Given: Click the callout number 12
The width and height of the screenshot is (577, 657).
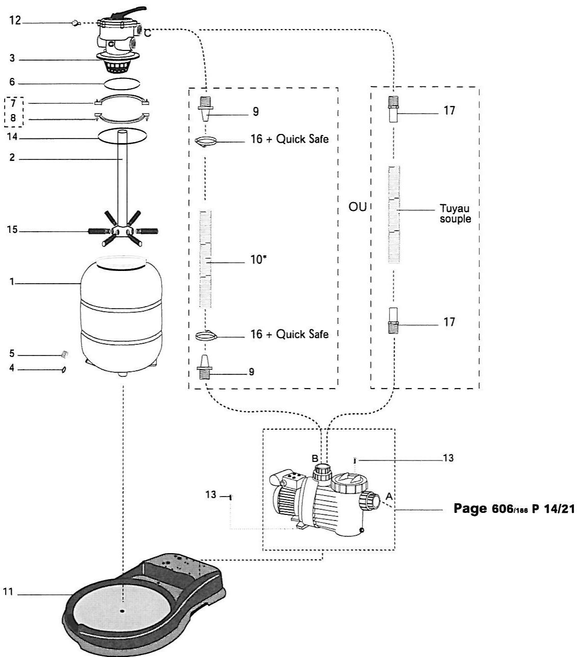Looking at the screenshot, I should [15, 22].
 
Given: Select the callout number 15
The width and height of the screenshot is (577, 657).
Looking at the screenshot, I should [12, 230].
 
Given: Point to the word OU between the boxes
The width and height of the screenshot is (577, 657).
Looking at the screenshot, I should [357, 207].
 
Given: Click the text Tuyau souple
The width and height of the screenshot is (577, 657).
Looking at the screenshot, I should [455, 213].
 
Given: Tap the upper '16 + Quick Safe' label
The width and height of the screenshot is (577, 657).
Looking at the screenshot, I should [290, 139].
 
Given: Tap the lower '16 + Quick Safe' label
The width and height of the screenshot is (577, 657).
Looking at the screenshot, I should [290, 334].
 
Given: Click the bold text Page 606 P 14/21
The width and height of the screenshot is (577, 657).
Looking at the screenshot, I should [514, 509].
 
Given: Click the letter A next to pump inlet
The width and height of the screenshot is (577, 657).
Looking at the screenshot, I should [389, 496].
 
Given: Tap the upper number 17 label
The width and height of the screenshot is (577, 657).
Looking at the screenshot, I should [449, 110].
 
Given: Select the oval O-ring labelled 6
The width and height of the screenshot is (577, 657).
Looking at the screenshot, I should [122, 83].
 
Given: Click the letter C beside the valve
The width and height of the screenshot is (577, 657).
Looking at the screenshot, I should [147, 34].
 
